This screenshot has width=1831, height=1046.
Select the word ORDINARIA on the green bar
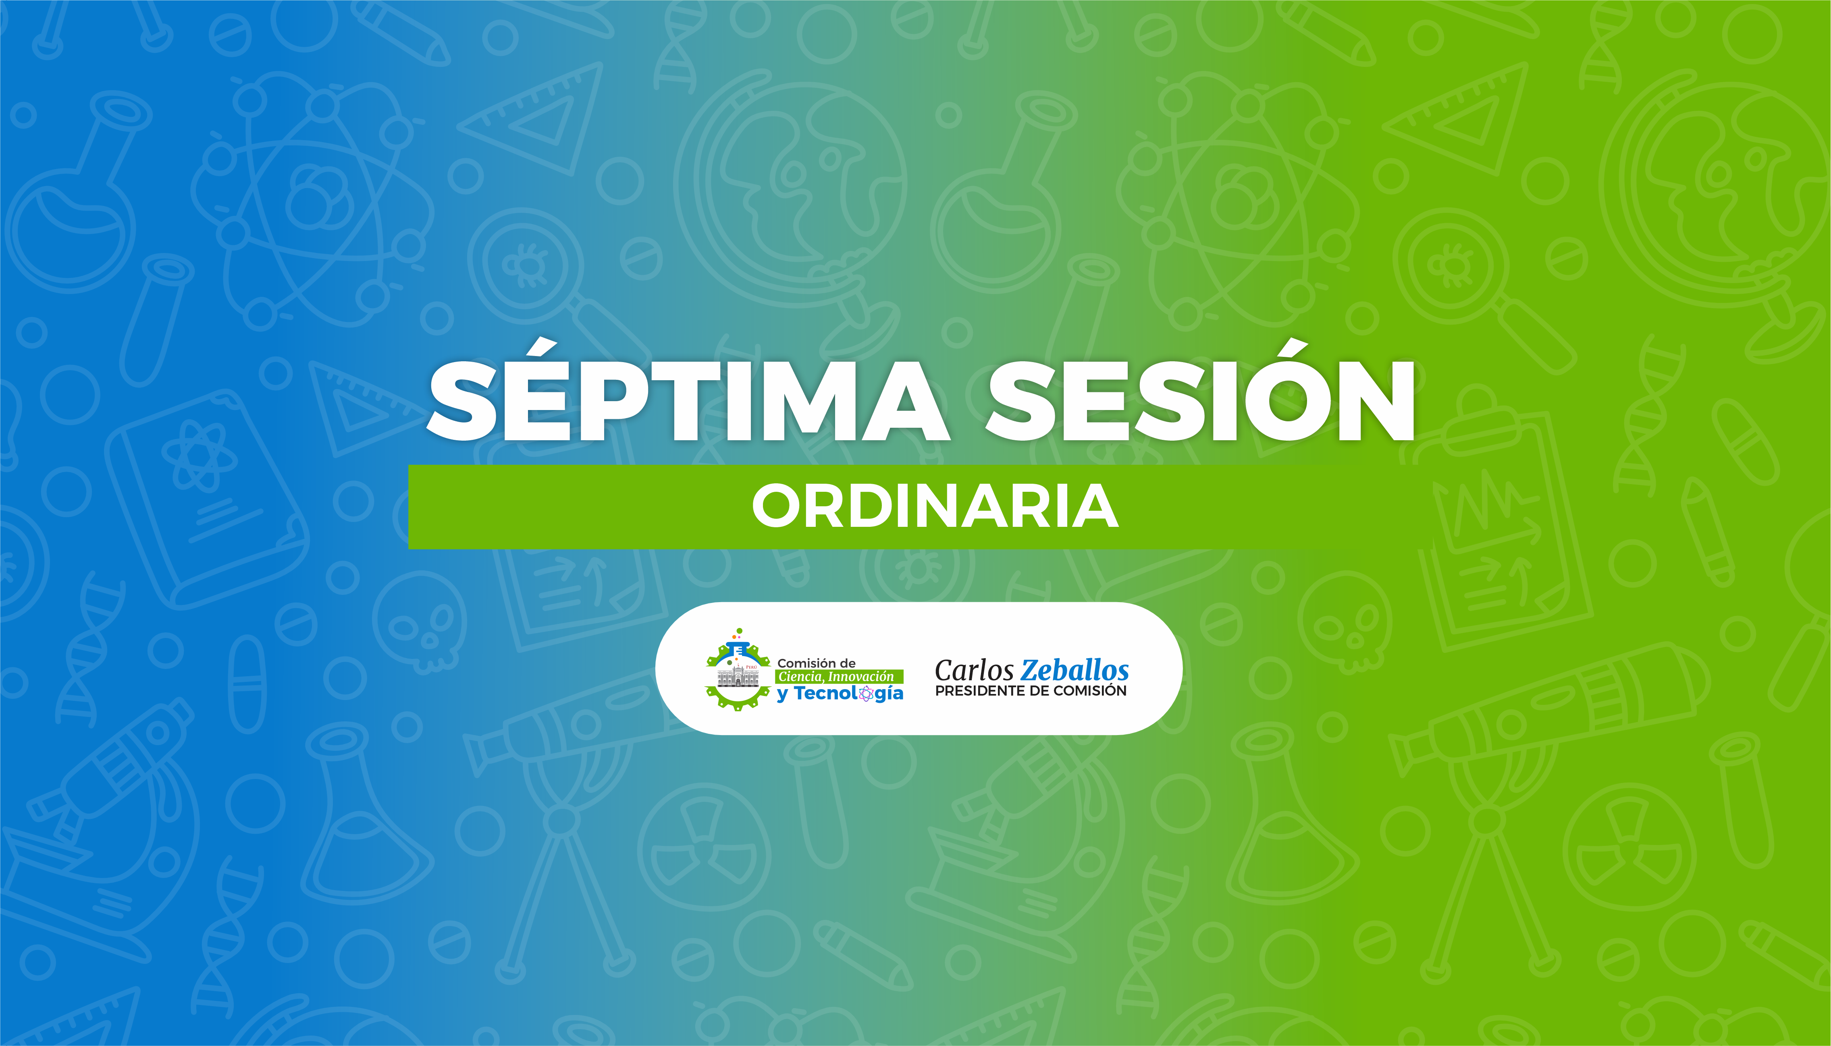click(x=935, y=506)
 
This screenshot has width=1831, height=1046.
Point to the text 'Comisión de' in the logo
click(x=817, y=663)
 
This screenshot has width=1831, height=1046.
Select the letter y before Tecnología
click(x=783, y=695)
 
